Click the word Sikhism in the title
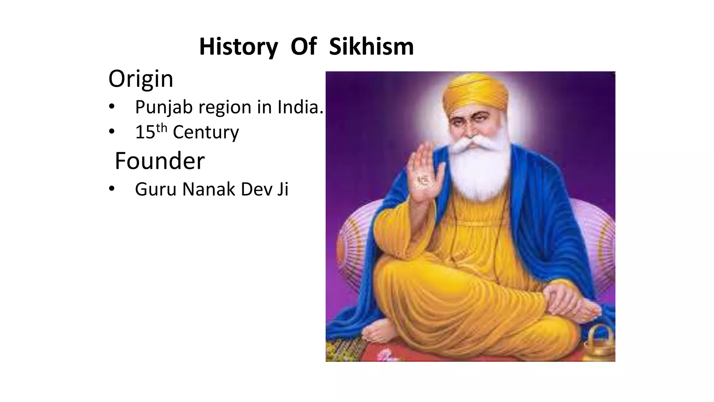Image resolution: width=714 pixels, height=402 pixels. pyautogui.click(x=371, y=46)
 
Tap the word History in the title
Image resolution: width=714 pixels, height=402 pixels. pyautogui.click(x=238, y=46)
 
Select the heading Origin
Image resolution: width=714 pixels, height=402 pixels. pyautogui.click(x=140, y=79)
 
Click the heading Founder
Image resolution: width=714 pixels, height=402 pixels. pyautogui.click(x=160, y=161)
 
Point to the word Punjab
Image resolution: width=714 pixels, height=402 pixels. pyautogui.click(x=164, y=107)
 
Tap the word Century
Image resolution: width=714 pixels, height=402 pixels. pyautogui.click(x=206, y=132)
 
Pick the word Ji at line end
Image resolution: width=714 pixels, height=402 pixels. pyautogui.click(x=283, y=189)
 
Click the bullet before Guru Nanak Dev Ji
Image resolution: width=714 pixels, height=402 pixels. pyautogui.click(x=111, y=189)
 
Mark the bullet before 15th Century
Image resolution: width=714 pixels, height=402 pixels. pyautogui.click(x=111, y=132)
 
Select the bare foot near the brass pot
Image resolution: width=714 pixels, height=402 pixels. pyautogui.click(x=586, y=311)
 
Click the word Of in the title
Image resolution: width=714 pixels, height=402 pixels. pyautogui.click(x=303, y=46)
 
